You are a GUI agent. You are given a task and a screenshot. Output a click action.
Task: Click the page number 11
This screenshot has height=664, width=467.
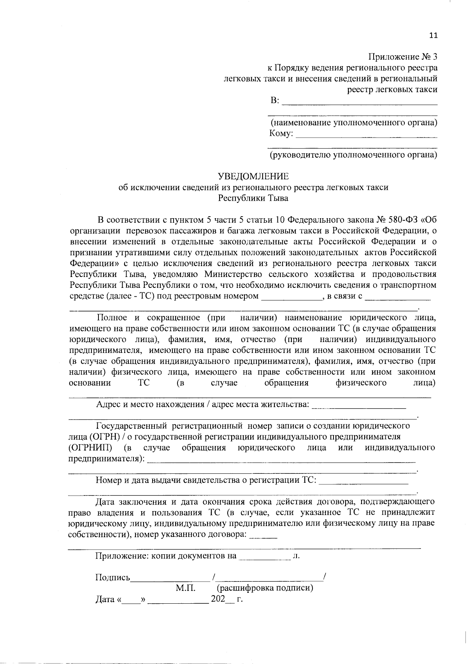tap(433, 35)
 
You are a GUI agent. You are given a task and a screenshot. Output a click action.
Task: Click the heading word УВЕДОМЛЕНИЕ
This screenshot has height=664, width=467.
tap(253, 177)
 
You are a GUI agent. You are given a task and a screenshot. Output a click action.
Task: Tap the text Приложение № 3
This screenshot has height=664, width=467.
tap(403, 57)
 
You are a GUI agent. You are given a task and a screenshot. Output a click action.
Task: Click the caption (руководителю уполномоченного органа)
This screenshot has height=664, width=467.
tap(353, 155)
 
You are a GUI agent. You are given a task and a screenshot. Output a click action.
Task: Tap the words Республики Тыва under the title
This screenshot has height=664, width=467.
tap(253, 198)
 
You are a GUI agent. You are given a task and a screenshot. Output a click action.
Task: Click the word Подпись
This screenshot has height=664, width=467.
tap(113, 577)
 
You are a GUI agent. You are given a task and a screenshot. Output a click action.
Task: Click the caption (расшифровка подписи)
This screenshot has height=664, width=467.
tap(265, 588)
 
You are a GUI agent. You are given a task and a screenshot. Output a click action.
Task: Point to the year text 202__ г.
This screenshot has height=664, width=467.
tap(226, 599)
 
